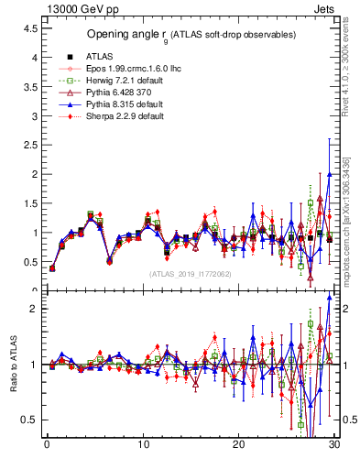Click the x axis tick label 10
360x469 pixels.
click(x=143, y=446)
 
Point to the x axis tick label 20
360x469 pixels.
click(x=238, y=446)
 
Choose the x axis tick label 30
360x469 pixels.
click(x=333, y=446)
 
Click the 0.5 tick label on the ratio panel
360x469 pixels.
click(x=29, y=420)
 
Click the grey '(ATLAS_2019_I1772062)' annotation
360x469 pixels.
click(x=191, y=274)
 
